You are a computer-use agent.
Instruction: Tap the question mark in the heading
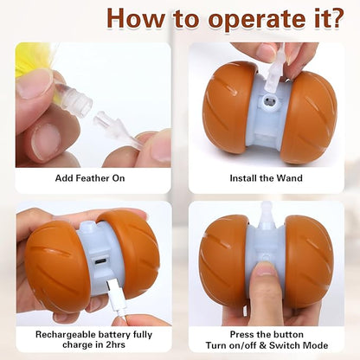pos(335,18)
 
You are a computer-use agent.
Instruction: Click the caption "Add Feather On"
pos(90,178)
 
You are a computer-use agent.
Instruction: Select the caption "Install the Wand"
pos(266,178)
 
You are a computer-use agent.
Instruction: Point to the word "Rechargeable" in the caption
pos(66,335)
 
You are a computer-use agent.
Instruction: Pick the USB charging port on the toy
pos(100,261)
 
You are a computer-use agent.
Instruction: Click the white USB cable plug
pos(115,296)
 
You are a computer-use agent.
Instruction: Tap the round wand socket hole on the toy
pos(270,101)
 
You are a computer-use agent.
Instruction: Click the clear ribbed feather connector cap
pos(75,101)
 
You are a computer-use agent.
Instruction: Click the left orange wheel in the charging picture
pos(58,266)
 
